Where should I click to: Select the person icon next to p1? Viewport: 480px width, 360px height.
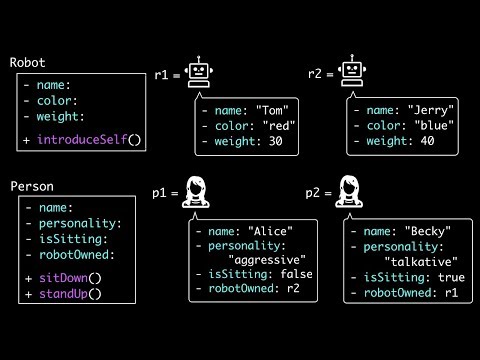[196, 191]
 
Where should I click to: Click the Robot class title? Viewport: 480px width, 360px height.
[28, 63]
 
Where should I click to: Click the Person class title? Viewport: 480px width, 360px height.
[31, 186]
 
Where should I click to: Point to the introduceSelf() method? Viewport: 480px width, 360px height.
[90, 140]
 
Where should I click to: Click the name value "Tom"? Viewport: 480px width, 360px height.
[273, 110]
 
